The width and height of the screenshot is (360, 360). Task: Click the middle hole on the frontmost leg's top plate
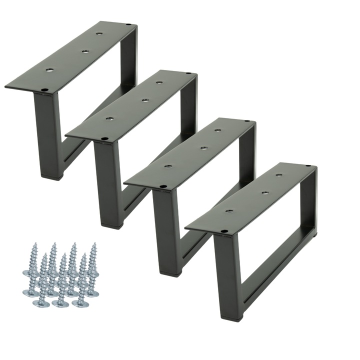pyautogui.click(x=263, y=192)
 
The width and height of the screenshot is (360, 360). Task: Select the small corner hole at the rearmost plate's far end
pyautogui.click(x=129, y=24)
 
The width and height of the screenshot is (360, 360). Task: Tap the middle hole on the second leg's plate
pyautogui.click(x=144, y=100)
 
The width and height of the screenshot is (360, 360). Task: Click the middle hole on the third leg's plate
pyautogui.click(x=203, y=147)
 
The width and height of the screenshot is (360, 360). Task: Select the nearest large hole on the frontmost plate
pyautogui.click(x=230, y=211)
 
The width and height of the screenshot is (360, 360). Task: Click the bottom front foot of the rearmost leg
pyautogui.click(x=51, y=175)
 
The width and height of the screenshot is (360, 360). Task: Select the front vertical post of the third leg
pyautogui.click(x=166, y=230)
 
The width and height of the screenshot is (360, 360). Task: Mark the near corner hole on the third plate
pyautogui.click(x=163, y=187)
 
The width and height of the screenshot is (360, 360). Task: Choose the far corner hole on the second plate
pyautogui.click(x=188, y=74)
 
